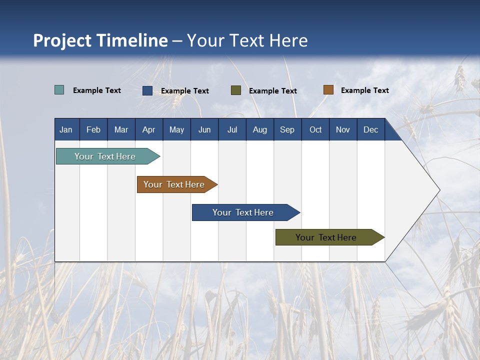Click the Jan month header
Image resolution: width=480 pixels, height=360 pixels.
click(66, 130)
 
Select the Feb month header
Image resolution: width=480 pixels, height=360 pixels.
click(93, 130)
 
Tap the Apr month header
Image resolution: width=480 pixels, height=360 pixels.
click(149, 130)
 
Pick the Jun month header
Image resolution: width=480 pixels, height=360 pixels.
click(204, 130)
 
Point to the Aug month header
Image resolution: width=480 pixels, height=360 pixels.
click(260, 130)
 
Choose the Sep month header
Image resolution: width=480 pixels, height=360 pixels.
click(287, 130)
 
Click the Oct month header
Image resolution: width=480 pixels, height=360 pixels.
click(315, 130)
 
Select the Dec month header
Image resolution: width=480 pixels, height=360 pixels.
click(371, 130)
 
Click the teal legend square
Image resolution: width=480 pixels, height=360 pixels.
click(59, 90)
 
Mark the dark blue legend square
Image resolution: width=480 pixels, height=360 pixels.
click(147, 90)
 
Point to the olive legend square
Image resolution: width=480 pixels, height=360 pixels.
click(236, 90)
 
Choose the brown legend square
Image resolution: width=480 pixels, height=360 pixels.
click(328, 90)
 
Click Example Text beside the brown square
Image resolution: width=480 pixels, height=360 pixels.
click(365, 90)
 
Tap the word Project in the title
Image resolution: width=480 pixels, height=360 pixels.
click(62, 40)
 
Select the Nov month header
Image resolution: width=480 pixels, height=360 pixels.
click(343, 130)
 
